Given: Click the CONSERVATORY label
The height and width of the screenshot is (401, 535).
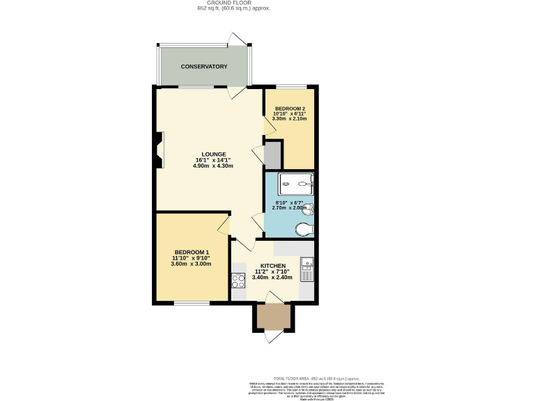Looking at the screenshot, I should (x=204, y=67).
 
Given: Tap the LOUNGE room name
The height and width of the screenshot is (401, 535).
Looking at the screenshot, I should (x=214, y=154).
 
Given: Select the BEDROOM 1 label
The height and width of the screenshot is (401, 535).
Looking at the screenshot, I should (x=192, y=252).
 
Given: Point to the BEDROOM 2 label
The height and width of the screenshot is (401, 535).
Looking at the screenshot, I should (x=290, y=109).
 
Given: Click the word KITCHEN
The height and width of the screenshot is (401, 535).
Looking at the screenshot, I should (x=273, y=266).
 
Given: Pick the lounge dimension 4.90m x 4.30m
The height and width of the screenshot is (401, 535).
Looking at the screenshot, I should (x=213, y=166).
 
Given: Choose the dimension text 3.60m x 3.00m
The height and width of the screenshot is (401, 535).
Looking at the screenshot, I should (x=192, y=265).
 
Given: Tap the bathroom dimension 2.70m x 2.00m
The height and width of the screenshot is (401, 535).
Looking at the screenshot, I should (x=289, y=208).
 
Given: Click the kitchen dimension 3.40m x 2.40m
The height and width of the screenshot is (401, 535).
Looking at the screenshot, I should (x=273, y=278).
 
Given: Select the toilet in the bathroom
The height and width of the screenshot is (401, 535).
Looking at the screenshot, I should (x=304, y=229).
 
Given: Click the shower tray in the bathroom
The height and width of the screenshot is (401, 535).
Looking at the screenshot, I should (x=296, y=184).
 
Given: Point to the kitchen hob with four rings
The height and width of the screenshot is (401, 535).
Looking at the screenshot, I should (x=238, y=281).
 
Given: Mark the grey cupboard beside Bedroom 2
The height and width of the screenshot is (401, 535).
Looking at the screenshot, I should (x=272, y=155).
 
